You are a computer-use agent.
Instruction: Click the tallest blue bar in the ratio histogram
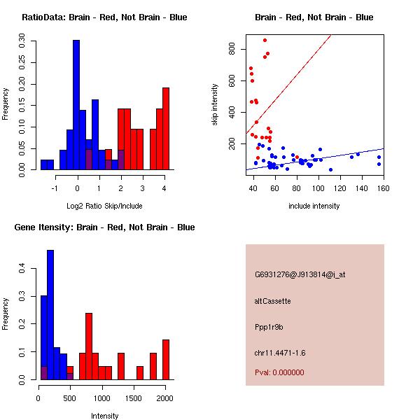coord(76,105)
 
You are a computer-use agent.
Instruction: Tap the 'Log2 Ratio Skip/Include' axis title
coord(104,206)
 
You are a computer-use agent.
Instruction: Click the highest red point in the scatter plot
coord(265,40)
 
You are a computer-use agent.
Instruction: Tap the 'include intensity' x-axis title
coord(314,206)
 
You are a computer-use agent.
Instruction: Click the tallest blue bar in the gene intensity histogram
coord(50,314)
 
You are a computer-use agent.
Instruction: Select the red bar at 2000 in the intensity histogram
coord(166,359)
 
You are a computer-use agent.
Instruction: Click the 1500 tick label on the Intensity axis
coord(134,398)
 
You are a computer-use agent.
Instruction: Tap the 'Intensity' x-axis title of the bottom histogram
coord(105,416)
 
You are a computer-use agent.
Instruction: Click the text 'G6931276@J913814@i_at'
coord(300,274)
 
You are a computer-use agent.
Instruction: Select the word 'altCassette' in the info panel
coord(273,301)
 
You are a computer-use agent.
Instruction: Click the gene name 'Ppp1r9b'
coord(269,327)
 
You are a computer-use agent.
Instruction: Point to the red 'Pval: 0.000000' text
coord(280,372)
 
